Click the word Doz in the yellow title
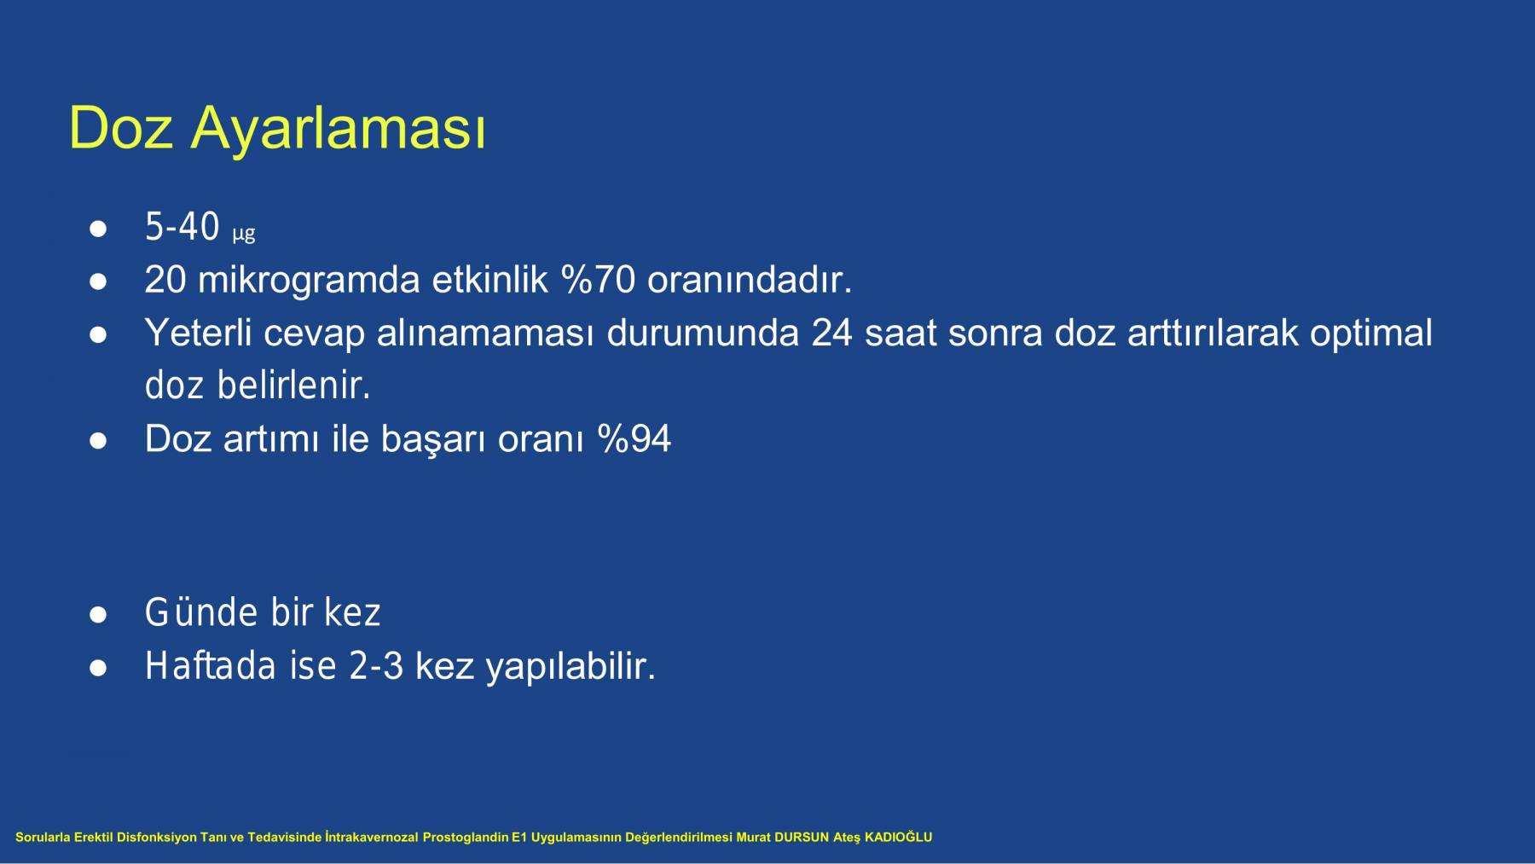[120, 128]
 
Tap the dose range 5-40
[182, 227]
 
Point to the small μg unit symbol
[244, 233]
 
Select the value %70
[598, 280]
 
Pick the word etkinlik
[490, 280]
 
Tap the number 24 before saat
[831, 333]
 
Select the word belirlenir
[294, 386]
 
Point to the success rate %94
[634, 439]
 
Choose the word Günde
[201, 612]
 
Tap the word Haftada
[211, 665]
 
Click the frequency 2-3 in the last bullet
[376, 666]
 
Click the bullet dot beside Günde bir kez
[98, 615]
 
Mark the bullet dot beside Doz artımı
[98, 442]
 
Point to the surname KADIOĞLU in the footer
[898, 838]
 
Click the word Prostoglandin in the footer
[466, 838]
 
